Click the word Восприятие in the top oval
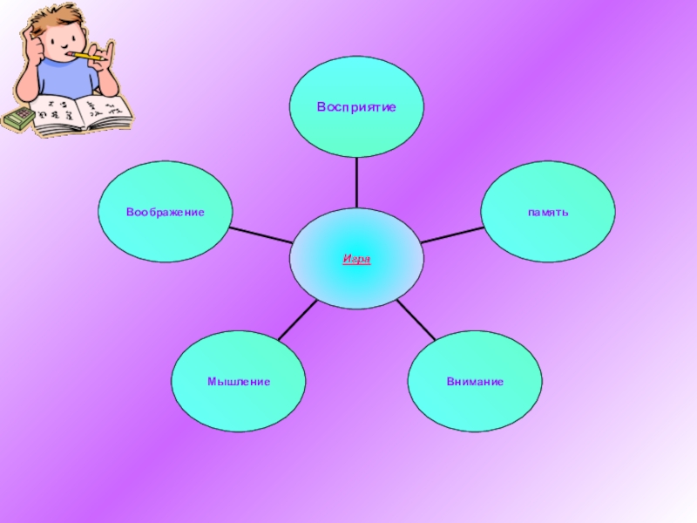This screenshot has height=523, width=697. click(356, 107)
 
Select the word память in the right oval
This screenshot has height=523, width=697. click(548, 212)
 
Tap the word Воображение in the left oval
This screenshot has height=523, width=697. click(165, 212)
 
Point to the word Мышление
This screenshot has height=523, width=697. click(239, 382)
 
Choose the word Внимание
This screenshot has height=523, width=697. click(475, 382)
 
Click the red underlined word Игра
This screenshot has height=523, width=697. click(356, 259)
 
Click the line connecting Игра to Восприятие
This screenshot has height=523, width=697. click(356, 182)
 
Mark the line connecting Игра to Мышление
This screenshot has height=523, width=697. click(297, 320)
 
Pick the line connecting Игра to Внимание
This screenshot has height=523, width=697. click(415, 320)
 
